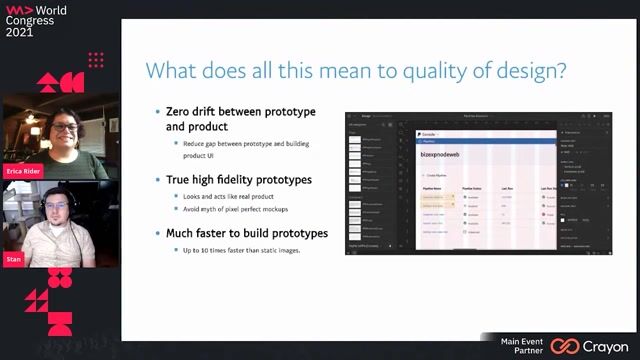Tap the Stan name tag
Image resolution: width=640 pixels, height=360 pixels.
coord(13,257)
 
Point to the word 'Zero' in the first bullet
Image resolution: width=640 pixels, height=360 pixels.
coord(180,112)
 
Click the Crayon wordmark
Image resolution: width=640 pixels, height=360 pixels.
coord(606,345)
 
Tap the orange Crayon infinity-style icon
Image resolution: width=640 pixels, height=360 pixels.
coord(564,346)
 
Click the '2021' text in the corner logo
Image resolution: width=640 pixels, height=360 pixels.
coord(20,32)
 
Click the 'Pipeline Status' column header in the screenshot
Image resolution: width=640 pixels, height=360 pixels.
coord(474,187)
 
